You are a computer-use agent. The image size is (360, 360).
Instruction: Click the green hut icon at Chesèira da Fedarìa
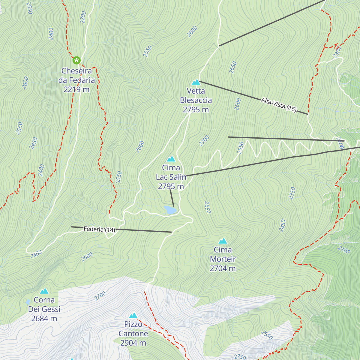[x=76, y=60]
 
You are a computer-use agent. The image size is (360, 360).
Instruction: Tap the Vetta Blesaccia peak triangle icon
[x=196, y=82]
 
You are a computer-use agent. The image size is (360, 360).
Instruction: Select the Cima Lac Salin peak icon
[x=171, y=159]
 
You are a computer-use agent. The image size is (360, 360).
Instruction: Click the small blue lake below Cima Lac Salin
[x=170, y=210]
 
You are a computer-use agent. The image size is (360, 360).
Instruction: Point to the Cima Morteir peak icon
[x=223, y=241]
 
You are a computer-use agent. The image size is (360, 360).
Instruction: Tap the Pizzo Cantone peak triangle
[x=133, y=315]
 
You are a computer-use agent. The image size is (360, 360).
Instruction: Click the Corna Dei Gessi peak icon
[x=44, y=291]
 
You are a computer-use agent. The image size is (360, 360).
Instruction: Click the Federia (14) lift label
[x=99, y=229]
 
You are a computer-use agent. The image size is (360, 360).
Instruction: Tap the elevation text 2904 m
[x=133, y=343]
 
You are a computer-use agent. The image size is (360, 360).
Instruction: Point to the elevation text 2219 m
[x=76, y=89]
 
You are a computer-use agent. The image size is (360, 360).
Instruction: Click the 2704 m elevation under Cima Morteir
[x=223, y=268]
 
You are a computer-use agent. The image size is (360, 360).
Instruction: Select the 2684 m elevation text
[x=44, y=318]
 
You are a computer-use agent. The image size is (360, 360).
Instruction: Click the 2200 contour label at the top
[x=83, y=17]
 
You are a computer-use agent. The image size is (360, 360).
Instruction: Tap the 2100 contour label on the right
[x=343, y=250]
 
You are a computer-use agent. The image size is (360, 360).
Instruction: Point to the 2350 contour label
[x=292, y=193]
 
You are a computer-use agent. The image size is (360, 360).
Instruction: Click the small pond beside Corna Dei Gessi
[x=28, y=302]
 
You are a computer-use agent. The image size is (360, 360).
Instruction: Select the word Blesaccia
[x=196, y=100]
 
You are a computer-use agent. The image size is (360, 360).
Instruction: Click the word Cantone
[x=133, y=333]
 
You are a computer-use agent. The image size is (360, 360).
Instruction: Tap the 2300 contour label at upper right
[x=337, y=52]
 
